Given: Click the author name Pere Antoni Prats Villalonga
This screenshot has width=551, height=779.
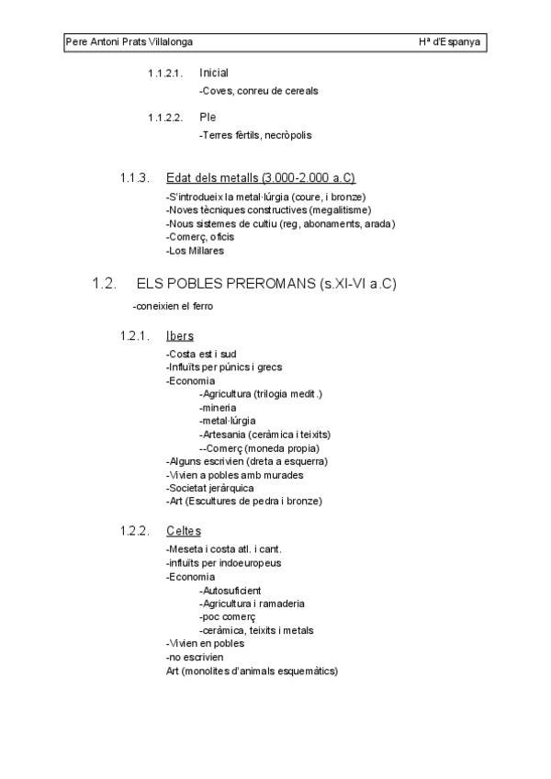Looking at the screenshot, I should pos(129,42).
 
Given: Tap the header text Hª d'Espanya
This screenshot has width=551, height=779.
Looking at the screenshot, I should pos(449,42).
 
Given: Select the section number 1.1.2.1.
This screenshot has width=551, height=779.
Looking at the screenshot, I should pos(165,73).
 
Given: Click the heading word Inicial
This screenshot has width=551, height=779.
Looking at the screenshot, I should pos(214,73).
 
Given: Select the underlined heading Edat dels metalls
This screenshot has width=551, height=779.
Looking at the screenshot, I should pos(260,178).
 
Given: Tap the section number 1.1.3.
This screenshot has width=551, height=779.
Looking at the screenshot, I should pos(134,178).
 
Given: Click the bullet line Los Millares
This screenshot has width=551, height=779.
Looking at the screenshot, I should pos(195,250).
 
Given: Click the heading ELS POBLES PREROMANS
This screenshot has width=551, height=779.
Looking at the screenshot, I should pos(265,284).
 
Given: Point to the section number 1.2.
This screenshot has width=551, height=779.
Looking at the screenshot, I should pos(104,284).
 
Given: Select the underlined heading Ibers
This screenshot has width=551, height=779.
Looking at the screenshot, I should pos(180,336).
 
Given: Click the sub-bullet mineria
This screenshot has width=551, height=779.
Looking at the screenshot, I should pos(218,407).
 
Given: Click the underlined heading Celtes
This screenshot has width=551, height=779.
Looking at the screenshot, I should pos(184,531).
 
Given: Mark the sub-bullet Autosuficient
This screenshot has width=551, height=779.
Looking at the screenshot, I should pos(230,590).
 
